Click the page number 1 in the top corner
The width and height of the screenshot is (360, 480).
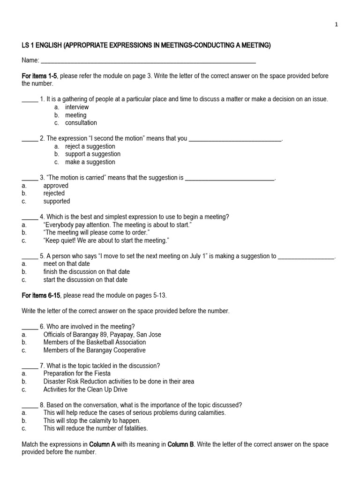click(x=336, y=25)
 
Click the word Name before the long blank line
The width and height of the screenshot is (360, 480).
click(x=30, y=60)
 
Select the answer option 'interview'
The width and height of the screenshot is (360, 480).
click(x=77, y=107)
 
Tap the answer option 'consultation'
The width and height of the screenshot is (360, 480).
click(x=81, y=123)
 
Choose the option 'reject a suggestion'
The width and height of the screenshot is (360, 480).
click(x=90, y=146)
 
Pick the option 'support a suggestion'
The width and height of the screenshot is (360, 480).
click(x=93, y=154)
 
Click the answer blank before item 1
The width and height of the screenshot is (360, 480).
click(x=30, y=99)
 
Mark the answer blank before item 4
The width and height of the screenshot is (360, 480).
click(x=30, y=217)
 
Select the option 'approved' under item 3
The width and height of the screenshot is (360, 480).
click(x=56, y=186)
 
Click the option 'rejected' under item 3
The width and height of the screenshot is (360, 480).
click(x=54, y=194)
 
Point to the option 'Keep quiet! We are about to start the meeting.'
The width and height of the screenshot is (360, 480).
click(x=106, y=240)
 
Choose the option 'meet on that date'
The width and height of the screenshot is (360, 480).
click(x=67, y=264)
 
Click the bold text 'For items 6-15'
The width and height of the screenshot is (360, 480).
click(x=41, y=295)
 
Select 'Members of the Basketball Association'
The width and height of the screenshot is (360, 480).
click(x=95, y=342)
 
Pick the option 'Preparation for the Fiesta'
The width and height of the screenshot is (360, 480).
click(x=77, y=374)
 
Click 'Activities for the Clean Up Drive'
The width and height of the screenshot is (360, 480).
click(x=85, y=390)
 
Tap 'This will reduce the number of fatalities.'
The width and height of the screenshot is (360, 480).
click(x=96, y=428)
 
